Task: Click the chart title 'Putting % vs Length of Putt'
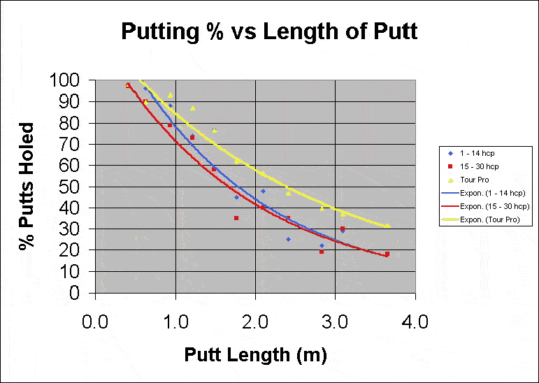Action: pyautogui.click(x=269, y=31)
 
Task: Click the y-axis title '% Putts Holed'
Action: pyautogui.click(x=27, y=187)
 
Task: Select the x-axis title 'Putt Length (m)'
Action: pyautogui.click(x=255, y=355)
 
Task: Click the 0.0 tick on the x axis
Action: pyautogui.click(x=94, y=322)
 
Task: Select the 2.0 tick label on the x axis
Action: pyautogui.click(x=255, y=322)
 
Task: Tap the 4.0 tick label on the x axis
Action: pyautogui.click(x=416, y=322)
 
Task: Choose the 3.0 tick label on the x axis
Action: pyautogui.click(x=336, y=322)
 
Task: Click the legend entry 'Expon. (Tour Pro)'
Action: pyautogui.click(x=482, y=220)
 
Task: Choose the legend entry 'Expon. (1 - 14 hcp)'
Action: pyautogui.click(x=482, y=193)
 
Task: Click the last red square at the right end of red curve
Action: pyautogui.click(x=387, y=254)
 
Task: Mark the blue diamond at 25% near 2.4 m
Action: pyautogui.click(x=288, y=239)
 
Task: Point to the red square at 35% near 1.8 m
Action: pyautogui.click(x=236, y=218)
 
